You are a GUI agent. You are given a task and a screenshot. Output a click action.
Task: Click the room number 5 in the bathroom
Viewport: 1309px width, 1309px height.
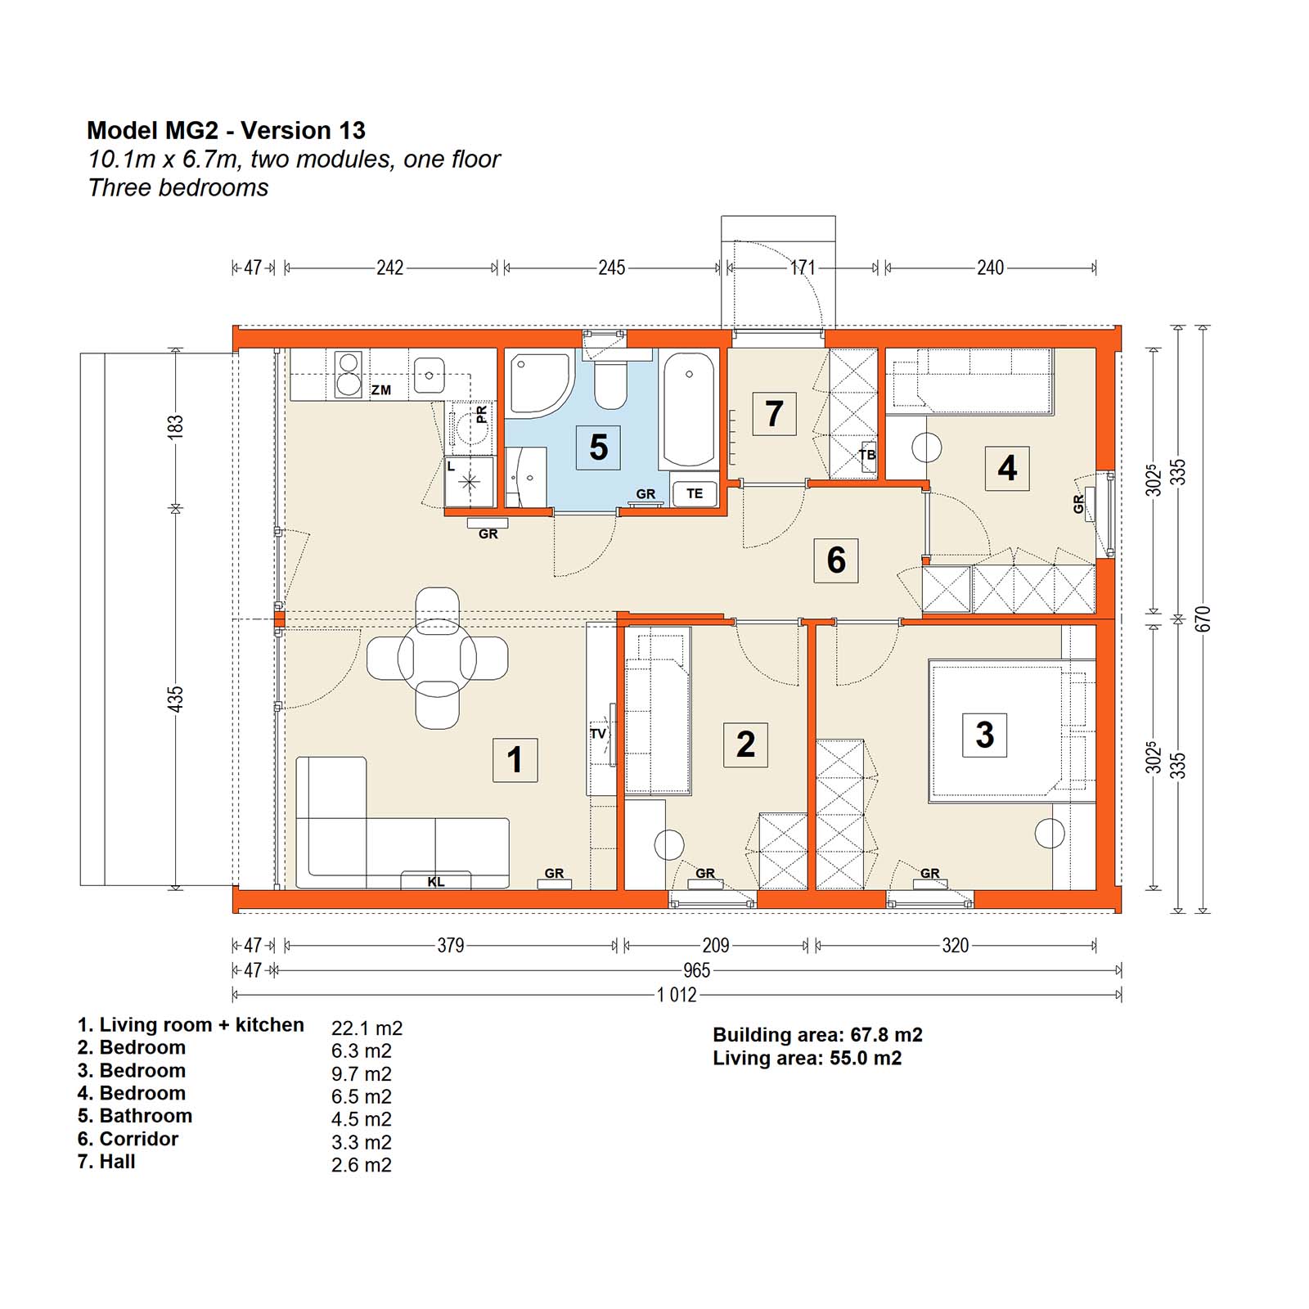[598, 448]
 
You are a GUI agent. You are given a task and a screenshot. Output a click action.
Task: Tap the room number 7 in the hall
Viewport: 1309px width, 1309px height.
[774, 413]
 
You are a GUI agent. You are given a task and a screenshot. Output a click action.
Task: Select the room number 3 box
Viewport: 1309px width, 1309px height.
[984, 735]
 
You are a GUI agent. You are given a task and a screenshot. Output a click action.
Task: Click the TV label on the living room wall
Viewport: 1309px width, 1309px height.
[598, 734]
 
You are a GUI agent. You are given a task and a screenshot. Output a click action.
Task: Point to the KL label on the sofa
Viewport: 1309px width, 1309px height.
[436, 882]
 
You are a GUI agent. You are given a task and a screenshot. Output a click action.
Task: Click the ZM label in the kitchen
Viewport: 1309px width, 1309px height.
[381, 390]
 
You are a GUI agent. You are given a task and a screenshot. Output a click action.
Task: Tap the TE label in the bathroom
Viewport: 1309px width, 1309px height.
[695, 493]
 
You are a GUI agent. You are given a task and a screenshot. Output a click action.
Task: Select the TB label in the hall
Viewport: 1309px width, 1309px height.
[867, 455]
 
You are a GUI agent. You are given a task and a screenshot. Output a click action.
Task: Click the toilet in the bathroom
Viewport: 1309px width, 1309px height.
[610, 379]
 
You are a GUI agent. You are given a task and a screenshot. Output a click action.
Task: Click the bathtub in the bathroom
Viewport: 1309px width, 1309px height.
[689, 410]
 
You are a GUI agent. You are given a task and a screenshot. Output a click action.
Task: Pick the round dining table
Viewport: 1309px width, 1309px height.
[437, 658]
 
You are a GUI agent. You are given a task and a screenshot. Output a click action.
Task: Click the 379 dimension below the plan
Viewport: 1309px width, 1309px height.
[451, 946]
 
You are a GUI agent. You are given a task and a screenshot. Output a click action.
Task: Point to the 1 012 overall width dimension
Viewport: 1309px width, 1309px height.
[677, 995]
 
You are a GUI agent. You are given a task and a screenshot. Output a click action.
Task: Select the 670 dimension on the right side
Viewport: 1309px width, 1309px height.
[1202, 619]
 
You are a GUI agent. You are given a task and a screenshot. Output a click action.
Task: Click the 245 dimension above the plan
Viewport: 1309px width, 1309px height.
[612, 268]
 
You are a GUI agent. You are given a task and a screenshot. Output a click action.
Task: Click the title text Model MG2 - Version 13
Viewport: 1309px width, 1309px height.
[226, 130]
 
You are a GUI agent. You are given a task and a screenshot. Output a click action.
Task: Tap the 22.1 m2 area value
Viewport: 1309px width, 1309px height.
[367, 1028]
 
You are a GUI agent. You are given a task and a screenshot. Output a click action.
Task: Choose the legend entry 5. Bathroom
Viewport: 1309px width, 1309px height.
[135, 1116]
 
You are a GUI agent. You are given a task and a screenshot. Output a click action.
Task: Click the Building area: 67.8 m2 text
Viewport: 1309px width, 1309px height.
[817, 1035]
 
